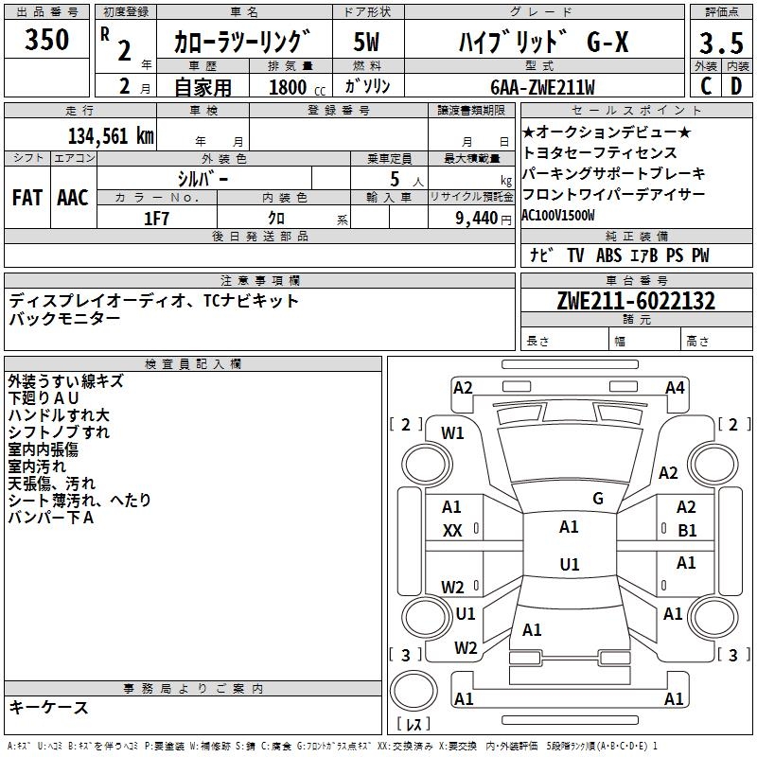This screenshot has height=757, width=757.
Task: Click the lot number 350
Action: point(47,40)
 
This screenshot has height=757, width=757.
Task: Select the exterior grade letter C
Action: point(705,86)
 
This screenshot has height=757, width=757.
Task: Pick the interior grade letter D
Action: point(736,86)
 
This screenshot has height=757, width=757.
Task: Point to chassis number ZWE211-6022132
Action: point(635,302)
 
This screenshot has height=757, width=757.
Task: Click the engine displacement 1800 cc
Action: point(290,87)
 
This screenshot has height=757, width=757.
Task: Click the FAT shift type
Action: point(27,197)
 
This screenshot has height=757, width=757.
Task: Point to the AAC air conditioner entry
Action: point(73,197)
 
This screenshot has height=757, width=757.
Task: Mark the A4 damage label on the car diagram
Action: point(675,387)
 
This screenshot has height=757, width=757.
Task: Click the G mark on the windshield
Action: point(598,498)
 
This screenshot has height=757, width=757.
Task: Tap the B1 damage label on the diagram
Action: point(687,530)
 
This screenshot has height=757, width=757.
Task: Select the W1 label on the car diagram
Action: point(452,433)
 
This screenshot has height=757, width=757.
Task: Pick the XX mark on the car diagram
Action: point(452,531)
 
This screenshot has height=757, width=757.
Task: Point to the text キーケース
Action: point(48,707)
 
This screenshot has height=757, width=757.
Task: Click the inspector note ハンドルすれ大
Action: point(59,415)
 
